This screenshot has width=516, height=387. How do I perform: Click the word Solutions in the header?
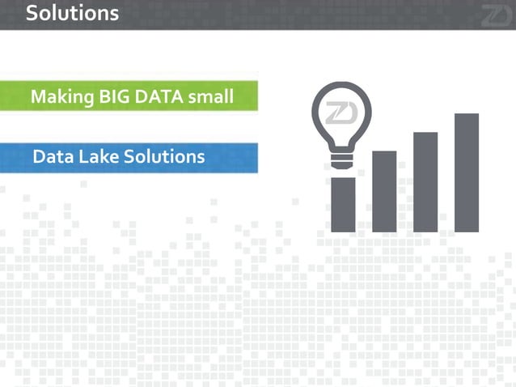(x=72, y=13)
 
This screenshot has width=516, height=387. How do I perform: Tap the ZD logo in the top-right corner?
(x=495, y=15)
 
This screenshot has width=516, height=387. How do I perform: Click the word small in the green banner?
(x=210, y=97)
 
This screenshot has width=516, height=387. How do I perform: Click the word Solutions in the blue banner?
(x=164, y=156)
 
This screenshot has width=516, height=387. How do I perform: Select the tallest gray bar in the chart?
(x=467, y=172)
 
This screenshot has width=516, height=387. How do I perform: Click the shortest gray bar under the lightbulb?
(x=344, y=204)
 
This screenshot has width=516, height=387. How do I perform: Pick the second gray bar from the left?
(x=384, y=191)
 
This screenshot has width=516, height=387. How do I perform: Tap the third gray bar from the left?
(x=425, y=181)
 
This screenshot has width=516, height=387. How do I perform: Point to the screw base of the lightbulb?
(x=342, y=159)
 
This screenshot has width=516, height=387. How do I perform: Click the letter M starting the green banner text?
(x=38, y=97)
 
